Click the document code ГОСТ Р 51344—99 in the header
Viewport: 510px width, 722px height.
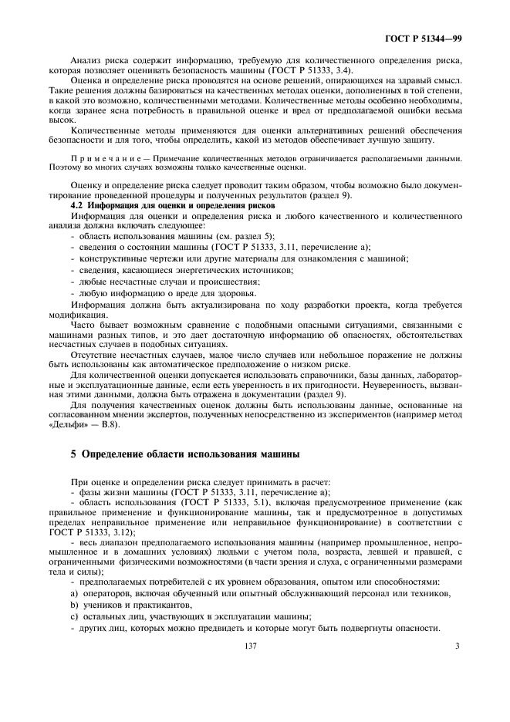click(x=424, y=38)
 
